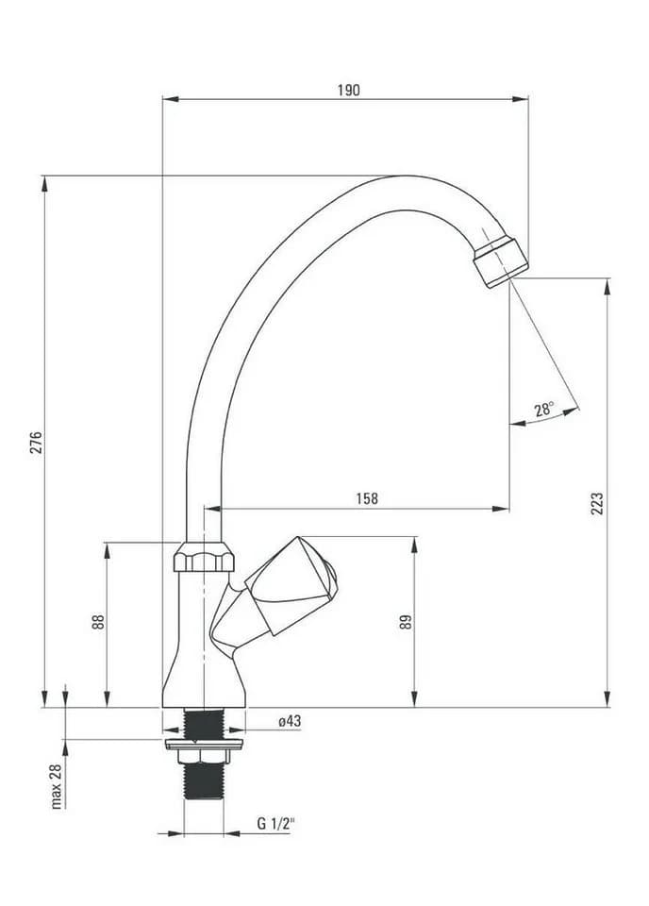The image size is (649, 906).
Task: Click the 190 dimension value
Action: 348,91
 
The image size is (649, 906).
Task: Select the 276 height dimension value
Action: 37,442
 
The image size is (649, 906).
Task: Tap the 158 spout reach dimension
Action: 367,498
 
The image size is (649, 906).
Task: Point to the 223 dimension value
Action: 597,503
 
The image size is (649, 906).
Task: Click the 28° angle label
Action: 544,409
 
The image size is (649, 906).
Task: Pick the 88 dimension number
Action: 99,622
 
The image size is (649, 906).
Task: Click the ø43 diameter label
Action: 290,721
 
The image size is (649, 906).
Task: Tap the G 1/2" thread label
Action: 276,823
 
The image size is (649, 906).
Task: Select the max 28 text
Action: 56,786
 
